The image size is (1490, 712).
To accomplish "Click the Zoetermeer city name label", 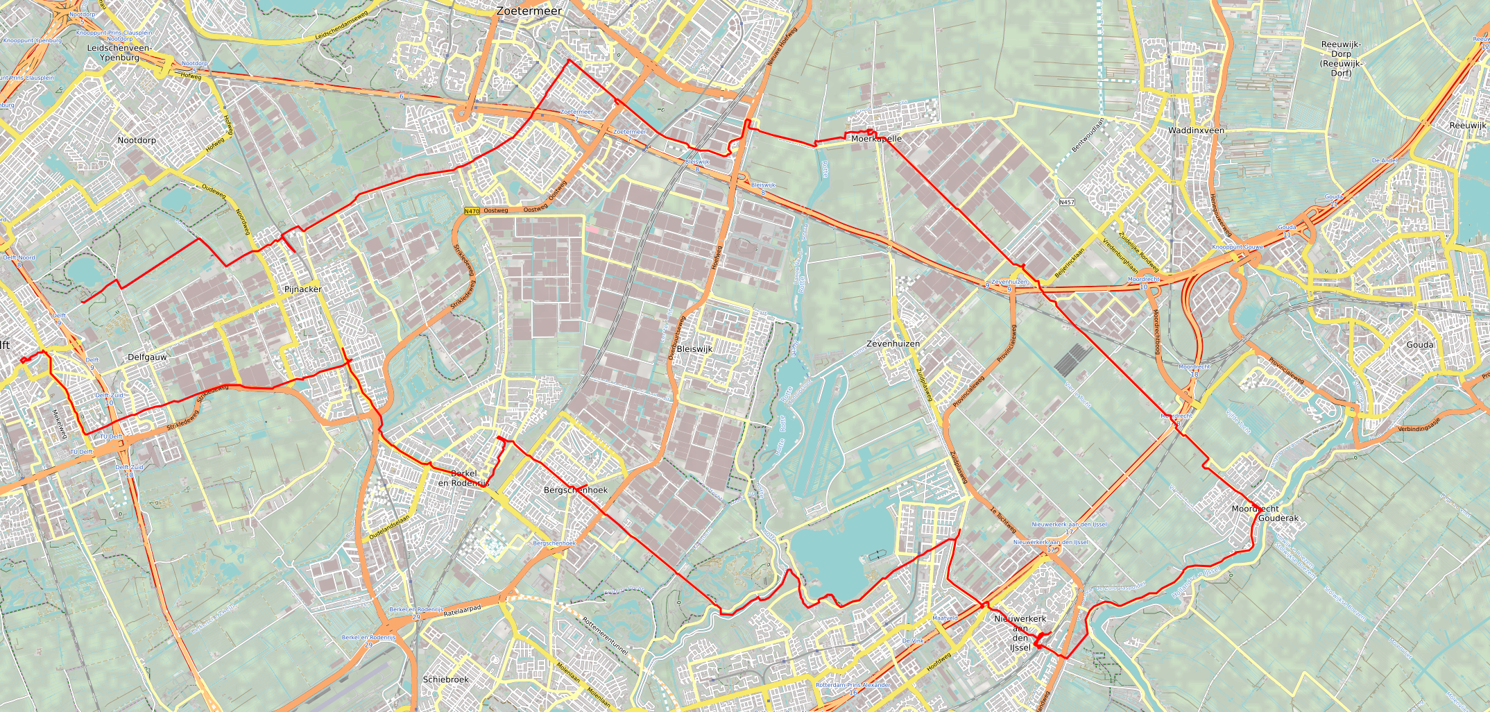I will click(529, 11).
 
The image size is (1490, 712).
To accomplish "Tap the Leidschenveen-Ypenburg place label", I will click(119, 53).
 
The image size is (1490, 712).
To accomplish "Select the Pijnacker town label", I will click(302, 289).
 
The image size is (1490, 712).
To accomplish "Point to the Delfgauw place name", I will click(147, 357).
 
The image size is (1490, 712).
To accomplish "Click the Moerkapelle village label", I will click(876, 139).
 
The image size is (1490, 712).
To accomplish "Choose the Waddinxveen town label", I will click(1196, 130).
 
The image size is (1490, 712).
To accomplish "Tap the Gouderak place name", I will click(1278, 518).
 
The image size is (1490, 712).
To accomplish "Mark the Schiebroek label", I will click(446, 679).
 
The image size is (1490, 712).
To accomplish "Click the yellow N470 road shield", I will click(472, 211).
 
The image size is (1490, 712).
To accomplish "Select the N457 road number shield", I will click(1067, 203).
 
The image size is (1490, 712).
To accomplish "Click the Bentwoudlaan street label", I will click(1087, 135).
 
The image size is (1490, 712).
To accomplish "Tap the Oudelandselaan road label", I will click(389, 527).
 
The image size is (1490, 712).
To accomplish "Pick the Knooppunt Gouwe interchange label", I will click(1238, 247).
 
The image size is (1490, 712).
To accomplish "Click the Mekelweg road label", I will click(59, 424).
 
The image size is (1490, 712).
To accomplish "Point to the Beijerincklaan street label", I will click(1069, 263).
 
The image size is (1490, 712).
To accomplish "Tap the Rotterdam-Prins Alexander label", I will click(853, 685).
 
